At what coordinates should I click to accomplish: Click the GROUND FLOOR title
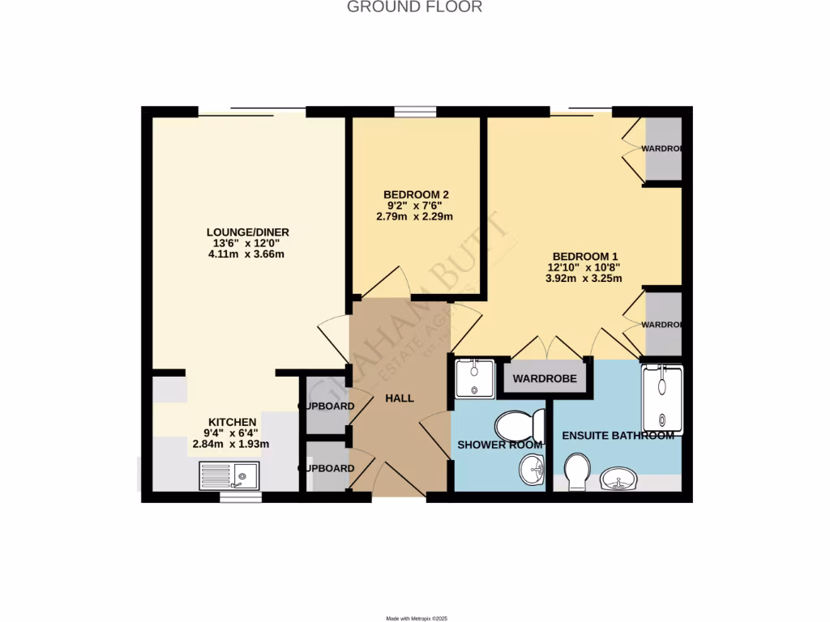pos(414,7)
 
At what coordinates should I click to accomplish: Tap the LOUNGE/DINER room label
pos(247,232)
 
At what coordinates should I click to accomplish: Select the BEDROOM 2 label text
pos(416,194)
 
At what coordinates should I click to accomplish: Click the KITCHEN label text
pos(233,422)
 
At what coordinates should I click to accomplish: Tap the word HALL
pos(400,398)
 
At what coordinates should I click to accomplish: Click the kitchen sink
pos(229,475)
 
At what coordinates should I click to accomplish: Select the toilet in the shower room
pos(520,424)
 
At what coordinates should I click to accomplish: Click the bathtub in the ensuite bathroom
pos(662,399)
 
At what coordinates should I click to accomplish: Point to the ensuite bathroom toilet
pos(578,471)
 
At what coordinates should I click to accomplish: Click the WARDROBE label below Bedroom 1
pos(544,379)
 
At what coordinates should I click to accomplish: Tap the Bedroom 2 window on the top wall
pos(415,112)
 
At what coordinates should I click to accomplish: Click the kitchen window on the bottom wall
pos(241,497)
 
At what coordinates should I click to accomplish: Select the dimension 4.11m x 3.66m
pos(247,254)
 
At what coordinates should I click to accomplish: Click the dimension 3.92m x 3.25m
pos(584,279)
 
